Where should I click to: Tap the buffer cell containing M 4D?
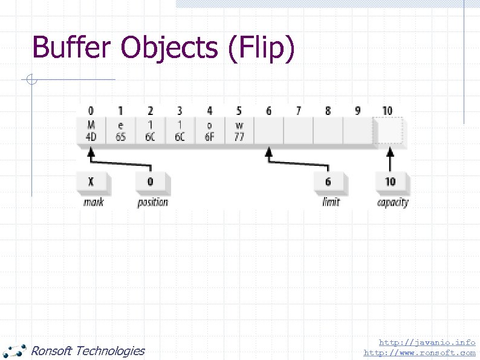point(91,131)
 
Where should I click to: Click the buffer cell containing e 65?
point(120,131)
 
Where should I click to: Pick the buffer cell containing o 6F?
point(209,131)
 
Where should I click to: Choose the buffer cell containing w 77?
point(239,131)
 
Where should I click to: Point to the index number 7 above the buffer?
point(298,111)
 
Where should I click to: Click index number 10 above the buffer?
point(388,111)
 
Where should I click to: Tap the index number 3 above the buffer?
point(180,111)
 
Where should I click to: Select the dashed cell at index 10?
point(389,131)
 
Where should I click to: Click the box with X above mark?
point(91,182)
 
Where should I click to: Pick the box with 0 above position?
point(151,182)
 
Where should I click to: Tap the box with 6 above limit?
point(328,182)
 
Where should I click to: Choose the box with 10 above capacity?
point(390,182)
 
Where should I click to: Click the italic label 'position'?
point(152,202)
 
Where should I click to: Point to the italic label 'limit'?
point(331,202)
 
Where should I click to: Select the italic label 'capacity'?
point(392,202)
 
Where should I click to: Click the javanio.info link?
point(427,342)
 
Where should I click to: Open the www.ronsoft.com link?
point(420,352)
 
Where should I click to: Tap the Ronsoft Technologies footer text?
point(88,350)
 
